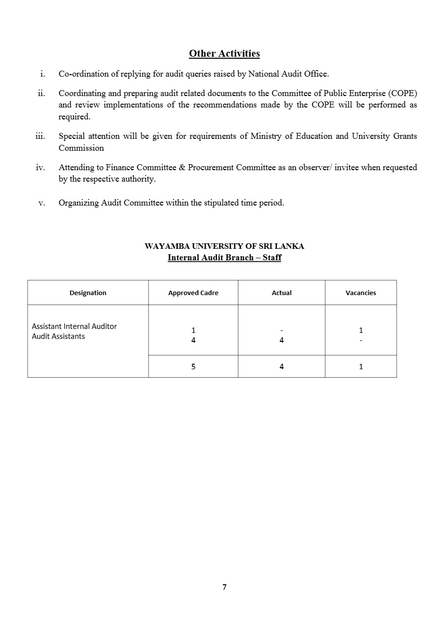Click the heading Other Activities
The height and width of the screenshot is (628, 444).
pos(224,53)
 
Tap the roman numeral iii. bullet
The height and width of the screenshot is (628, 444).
pos(40,136)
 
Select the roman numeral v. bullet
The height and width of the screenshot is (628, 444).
pos(42,203)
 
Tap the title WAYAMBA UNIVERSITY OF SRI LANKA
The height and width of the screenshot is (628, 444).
pos(224,246)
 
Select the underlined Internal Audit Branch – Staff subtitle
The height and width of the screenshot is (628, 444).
pos(224,258)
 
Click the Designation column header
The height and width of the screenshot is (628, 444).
pos(88,293)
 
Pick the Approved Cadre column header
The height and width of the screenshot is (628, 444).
pos(193,293)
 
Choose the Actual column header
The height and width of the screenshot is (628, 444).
pos(281,293)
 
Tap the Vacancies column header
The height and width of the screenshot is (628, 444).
pos(360,293)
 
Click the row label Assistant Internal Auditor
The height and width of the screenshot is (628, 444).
pos(75,326)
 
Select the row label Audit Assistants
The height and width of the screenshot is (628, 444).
pos(58,336)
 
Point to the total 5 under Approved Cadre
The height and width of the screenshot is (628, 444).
pos(193,367)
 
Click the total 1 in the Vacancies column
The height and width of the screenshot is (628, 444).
pos(361,367)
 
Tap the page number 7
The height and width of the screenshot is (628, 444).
pos(224,587)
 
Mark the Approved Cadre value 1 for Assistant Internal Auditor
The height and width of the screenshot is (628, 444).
pos(193,330)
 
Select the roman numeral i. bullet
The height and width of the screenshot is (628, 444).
pos(43,74)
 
